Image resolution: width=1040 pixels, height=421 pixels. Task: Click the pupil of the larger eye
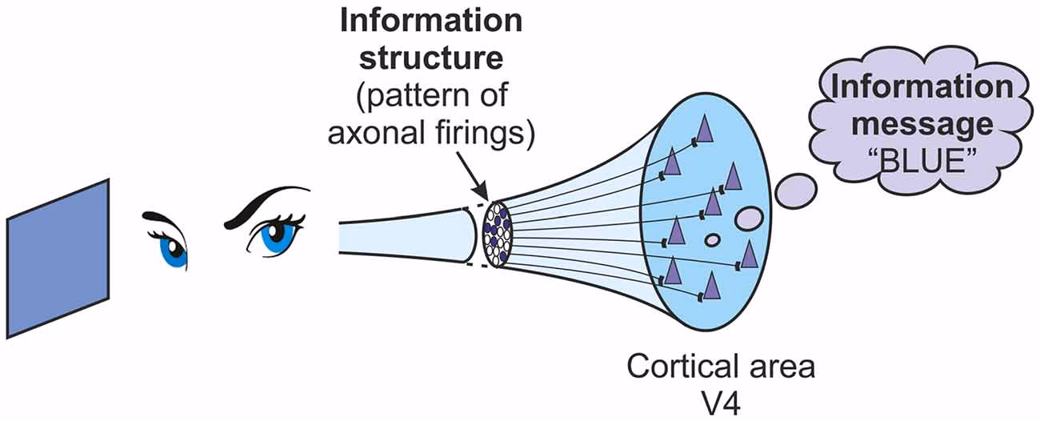[274, 233]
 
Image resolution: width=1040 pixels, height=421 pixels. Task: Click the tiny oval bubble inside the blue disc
[711, 239]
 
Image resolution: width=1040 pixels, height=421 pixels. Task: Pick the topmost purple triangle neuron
[703, 129]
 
